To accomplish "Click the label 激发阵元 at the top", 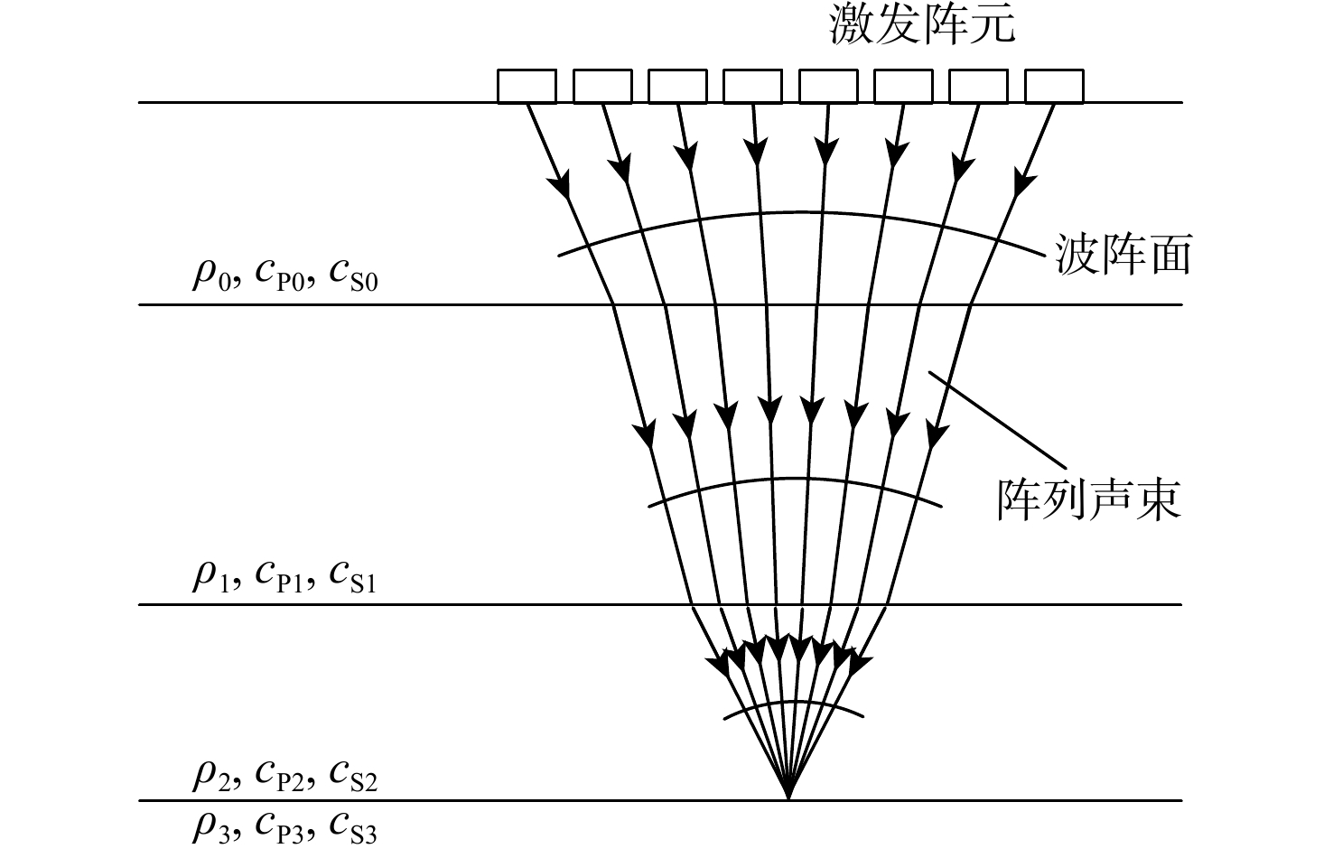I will (x=922, y=24).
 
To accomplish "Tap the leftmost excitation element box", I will (x=527, y=87).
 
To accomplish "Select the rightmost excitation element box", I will (x=1054, y=87).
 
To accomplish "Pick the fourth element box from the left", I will (x=753, y=87).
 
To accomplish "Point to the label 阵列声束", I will (x=1089, y=499).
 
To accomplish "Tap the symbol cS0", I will (x=353, y=275).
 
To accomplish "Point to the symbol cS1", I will (x=353, y=575).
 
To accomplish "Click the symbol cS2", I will (x=353, y=776).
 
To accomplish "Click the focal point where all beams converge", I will (x=788, y=798).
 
